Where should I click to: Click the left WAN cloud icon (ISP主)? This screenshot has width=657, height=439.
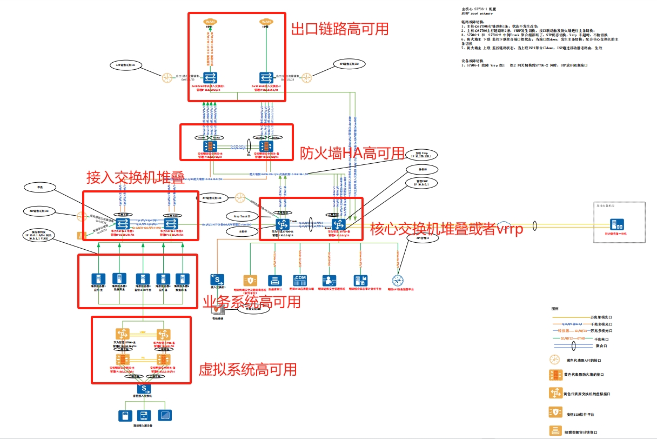coord(210,22)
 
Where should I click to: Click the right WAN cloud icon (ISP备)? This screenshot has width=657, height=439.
coord(266,22)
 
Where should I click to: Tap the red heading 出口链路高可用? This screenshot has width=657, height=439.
coord(340,29)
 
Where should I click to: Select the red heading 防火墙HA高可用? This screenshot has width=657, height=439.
coord(352,154)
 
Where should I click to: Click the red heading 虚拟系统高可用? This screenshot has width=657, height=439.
coord(248,369)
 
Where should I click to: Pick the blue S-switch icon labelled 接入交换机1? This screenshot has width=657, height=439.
coord(218,279)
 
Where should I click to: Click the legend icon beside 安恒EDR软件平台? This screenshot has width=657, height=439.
coord(554,413)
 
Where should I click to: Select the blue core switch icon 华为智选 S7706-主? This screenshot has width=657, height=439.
coord(283,224)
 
